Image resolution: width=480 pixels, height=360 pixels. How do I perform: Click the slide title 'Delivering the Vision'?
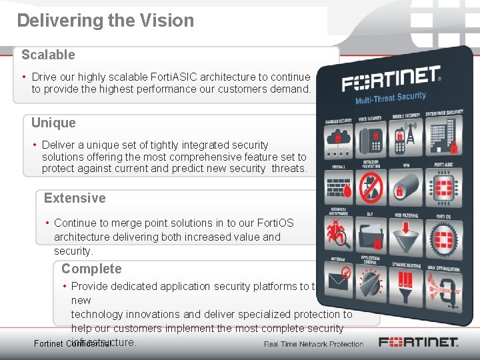pos(105,21)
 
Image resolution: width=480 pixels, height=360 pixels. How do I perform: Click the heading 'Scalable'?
pos(48,55)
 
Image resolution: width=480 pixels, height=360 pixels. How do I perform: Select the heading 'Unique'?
pos(53,123)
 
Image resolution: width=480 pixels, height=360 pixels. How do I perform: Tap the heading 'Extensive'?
pos(75,198)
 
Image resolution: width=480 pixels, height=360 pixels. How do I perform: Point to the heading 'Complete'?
pos(91,269)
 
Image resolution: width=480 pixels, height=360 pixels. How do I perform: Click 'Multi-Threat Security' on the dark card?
pos(391,98)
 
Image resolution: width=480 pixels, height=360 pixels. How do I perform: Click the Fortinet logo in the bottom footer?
pos(419,343)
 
